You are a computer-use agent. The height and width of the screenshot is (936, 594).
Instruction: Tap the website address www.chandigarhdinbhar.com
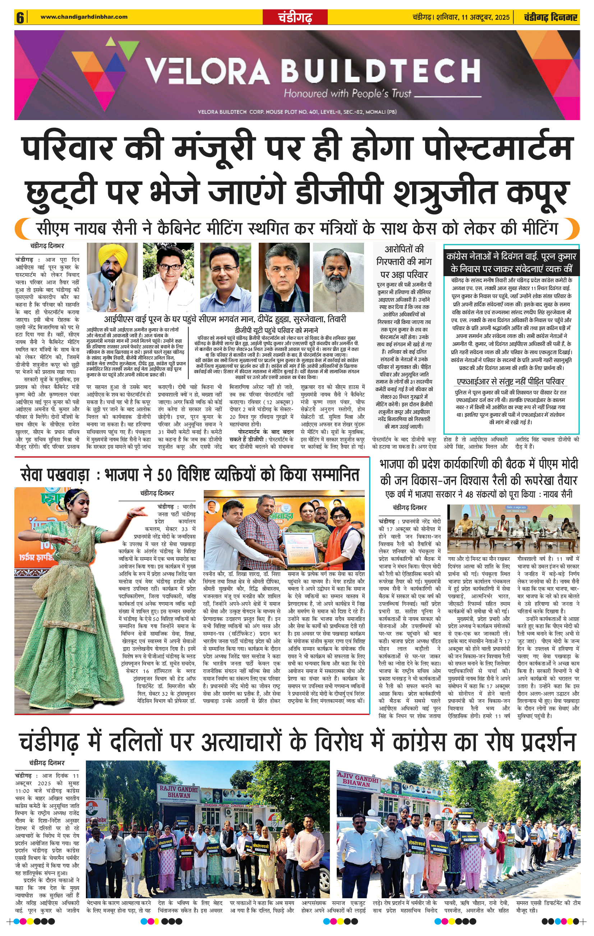click(x=84, y=17)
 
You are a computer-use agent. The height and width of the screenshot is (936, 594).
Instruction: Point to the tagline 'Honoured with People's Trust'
click(x=347, y=94)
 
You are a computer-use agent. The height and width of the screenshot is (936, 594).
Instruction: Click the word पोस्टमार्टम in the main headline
click(x=497, y=148)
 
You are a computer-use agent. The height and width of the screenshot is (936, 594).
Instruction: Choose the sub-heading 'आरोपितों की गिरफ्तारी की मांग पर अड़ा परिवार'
click(x=404, y=261)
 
